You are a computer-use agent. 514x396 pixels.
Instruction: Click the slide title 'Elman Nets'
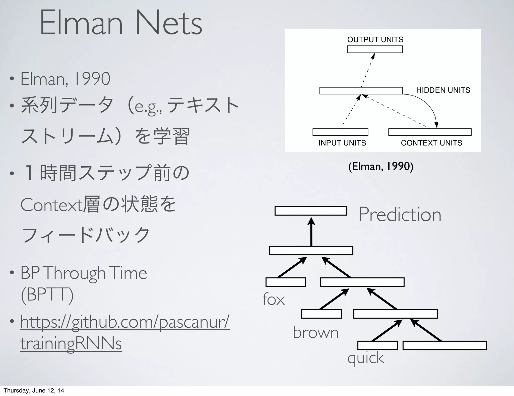pos(120,23)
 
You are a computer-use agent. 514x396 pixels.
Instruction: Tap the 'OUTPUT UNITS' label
pos(375,39)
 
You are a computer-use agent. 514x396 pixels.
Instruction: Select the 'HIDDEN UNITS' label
pos(443,90)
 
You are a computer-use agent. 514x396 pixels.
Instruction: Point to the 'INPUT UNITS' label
pos(342,143)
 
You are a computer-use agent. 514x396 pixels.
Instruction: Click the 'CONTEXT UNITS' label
pos(431,143)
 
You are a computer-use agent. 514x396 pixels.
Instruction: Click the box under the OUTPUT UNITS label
pos(375,49)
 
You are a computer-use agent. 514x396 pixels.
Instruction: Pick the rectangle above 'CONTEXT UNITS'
pos(430,132)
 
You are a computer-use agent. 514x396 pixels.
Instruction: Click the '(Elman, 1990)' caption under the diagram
pos(381,166)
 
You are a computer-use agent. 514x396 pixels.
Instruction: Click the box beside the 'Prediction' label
pos(311,211)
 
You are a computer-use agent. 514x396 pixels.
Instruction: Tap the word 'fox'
pos(274,299)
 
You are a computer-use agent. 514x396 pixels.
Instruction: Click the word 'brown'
pos(315,332)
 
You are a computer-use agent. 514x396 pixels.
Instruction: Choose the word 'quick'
pos(365,358)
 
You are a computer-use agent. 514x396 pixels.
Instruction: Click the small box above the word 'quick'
pos(377,345)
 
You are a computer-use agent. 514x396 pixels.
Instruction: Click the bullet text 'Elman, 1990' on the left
pos(65,79)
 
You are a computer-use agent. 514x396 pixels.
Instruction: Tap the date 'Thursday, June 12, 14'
pos(34,390)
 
